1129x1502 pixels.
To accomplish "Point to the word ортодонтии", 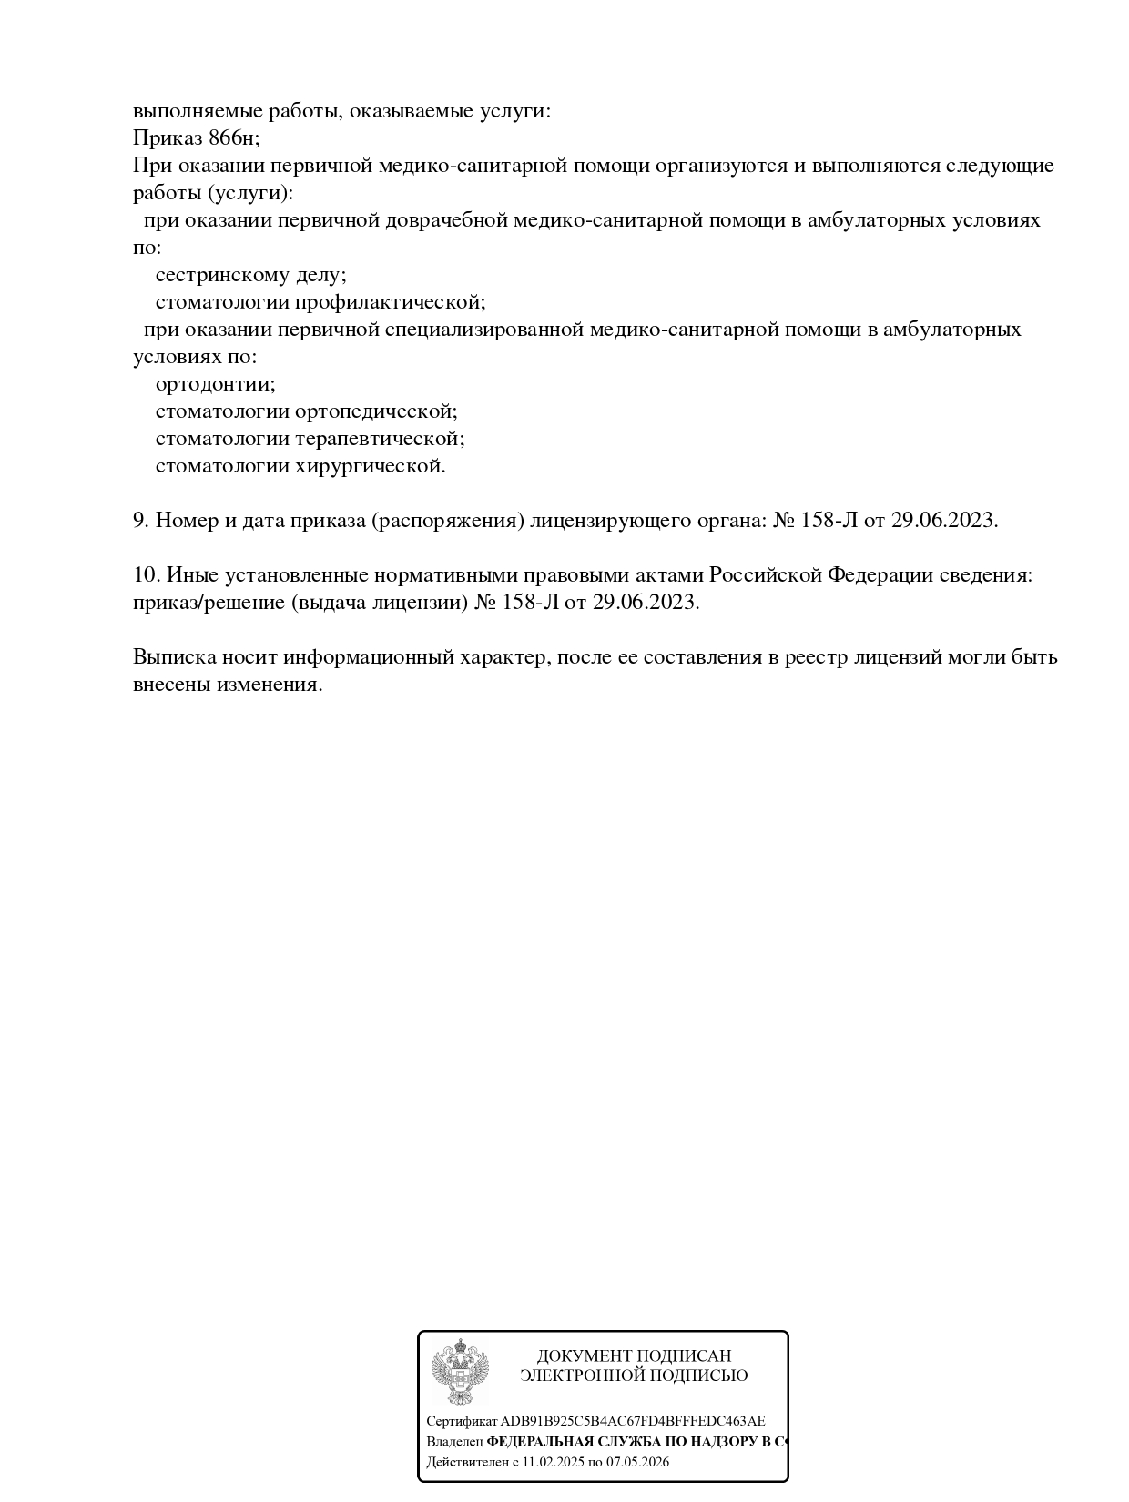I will click(x=215, y=384).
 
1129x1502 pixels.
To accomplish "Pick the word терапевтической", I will click(x=380, y=439).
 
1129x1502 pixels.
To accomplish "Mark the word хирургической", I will click(x=371, y=466).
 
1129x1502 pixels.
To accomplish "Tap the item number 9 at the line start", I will click(x=140, y=521).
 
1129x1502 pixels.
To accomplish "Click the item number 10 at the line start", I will click(x=146, y=575).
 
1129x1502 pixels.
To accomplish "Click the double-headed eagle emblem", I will click(x=460, y=1371).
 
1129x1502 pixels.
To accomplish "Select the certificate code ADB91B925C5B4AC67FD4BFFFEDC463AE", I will click(x=633, y=1421).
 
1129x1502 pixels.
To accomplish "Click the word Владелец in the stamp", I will click(x=454, y=1442).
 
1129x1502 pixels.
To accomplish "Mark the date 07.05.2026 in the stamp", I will click(x=638, y=1463).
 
